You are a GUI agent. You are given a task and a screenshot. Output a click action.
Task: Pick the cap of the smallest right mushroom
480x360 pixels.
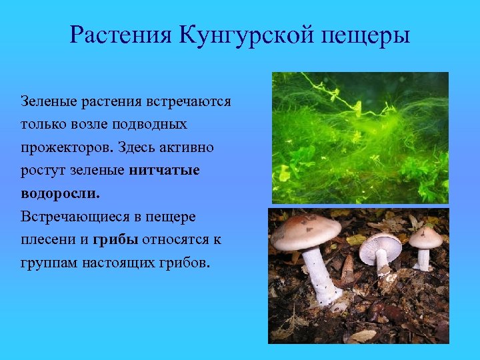click(x=426, y=237)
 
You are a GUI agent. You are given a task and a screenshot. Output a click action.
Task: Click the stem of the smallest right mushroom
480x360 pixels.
click(x=423, y=259)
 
